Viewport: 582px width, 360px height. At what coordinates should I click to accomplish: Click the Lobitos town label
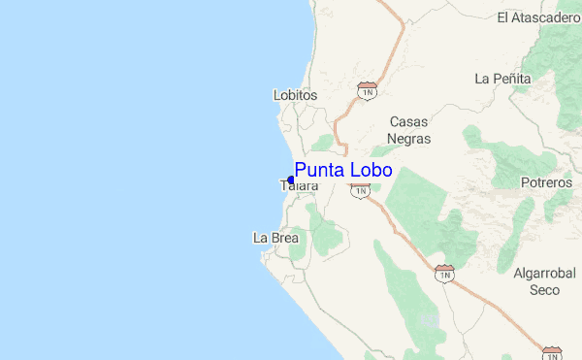click(x=296, y=95)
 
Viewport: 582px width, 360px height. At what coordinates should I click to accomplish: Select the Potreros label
click(x=546, y=182)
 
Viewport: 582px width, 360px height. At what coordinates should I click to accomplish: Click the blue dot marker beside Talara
click(x=291, y=180)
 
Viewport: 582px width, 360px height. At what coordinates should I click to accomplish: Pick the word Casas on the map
click(x=408, y=122)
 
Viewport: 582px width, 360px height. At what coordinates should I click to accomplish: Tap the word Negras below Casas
click(x=408, y=139)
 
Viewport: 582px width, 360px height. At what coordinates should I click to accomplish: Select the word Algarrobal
click(x=544, y=273)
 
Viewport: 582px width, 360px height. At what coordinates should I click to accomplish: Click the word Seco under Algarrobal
click(x=544, y=289)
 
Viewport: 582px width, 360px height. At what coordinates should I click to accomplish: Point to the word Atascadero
click(x=546, y=17)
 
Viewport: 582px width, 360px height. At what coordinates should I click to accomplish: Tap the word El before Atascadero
click(x=502, y=17)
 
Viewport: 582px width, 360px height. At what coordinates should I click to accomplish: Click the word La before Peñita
click(x=482, y=78)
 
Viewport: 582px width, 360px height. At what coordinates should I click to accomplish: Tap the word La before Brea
click(x=260, y=238)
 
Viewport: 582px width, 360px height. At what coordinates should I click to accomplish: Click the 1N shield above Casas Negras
click(x=367, y=90)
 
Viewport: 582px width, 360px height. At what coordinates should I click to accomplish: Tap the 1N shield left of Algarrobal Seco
click(x=445, y=275)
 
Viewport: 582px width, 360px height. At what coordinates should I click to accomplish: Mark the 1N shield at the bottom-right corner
click(x=552, y=353)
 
